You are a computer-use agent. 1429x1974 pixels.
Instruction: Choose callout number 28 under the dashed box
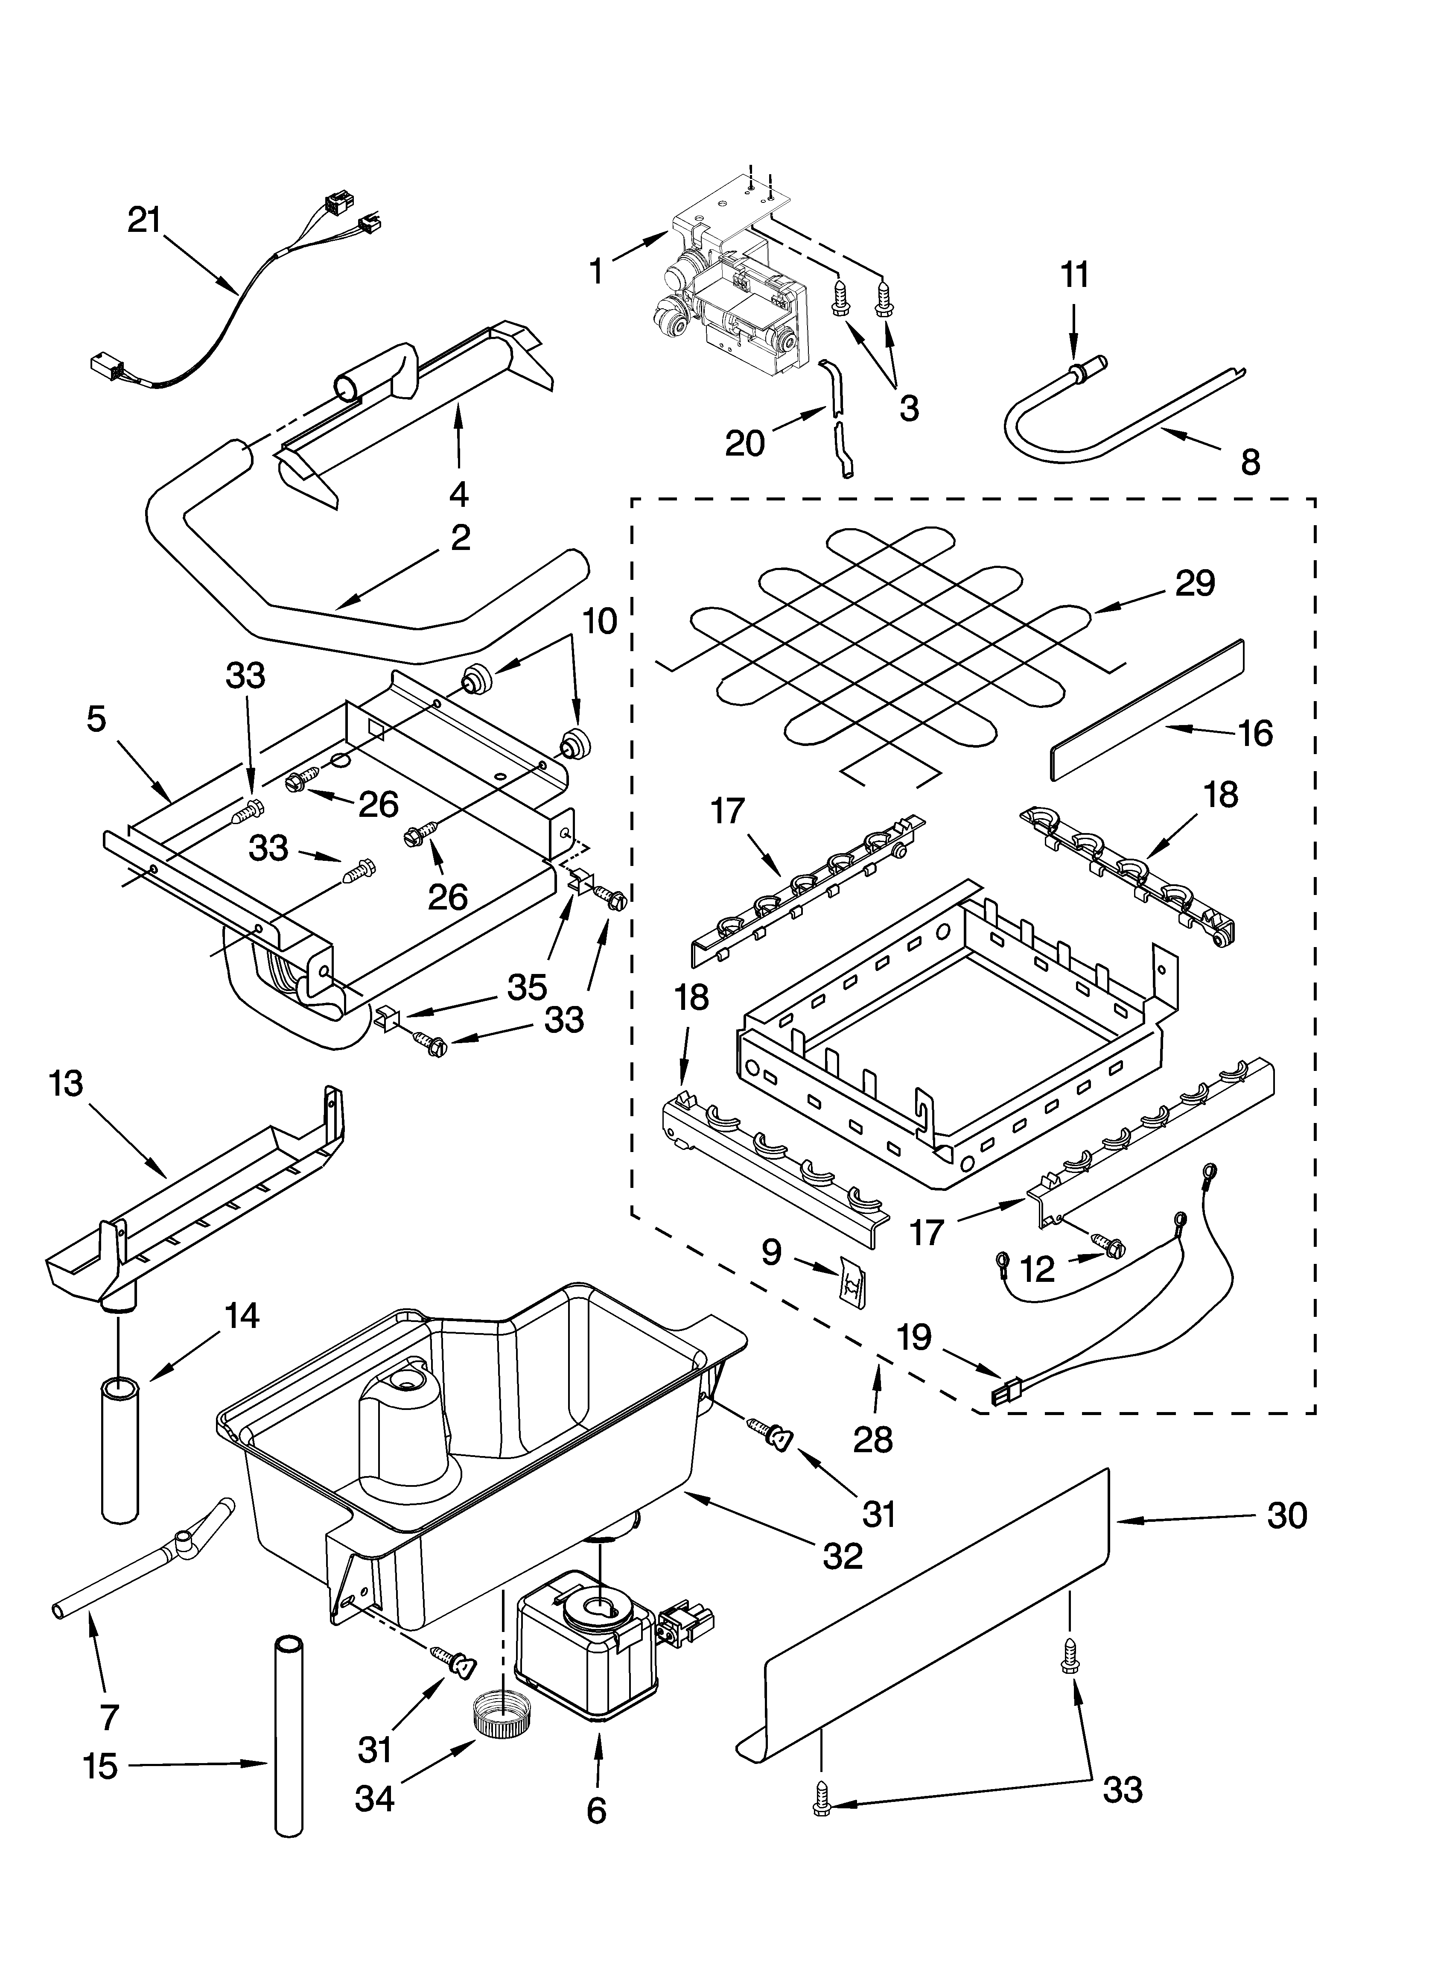pyautogui.click(x=873, y=1440)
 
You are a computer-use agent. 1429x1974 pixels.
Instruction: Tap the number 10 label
pyautogui.click(x=600, y=621)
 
